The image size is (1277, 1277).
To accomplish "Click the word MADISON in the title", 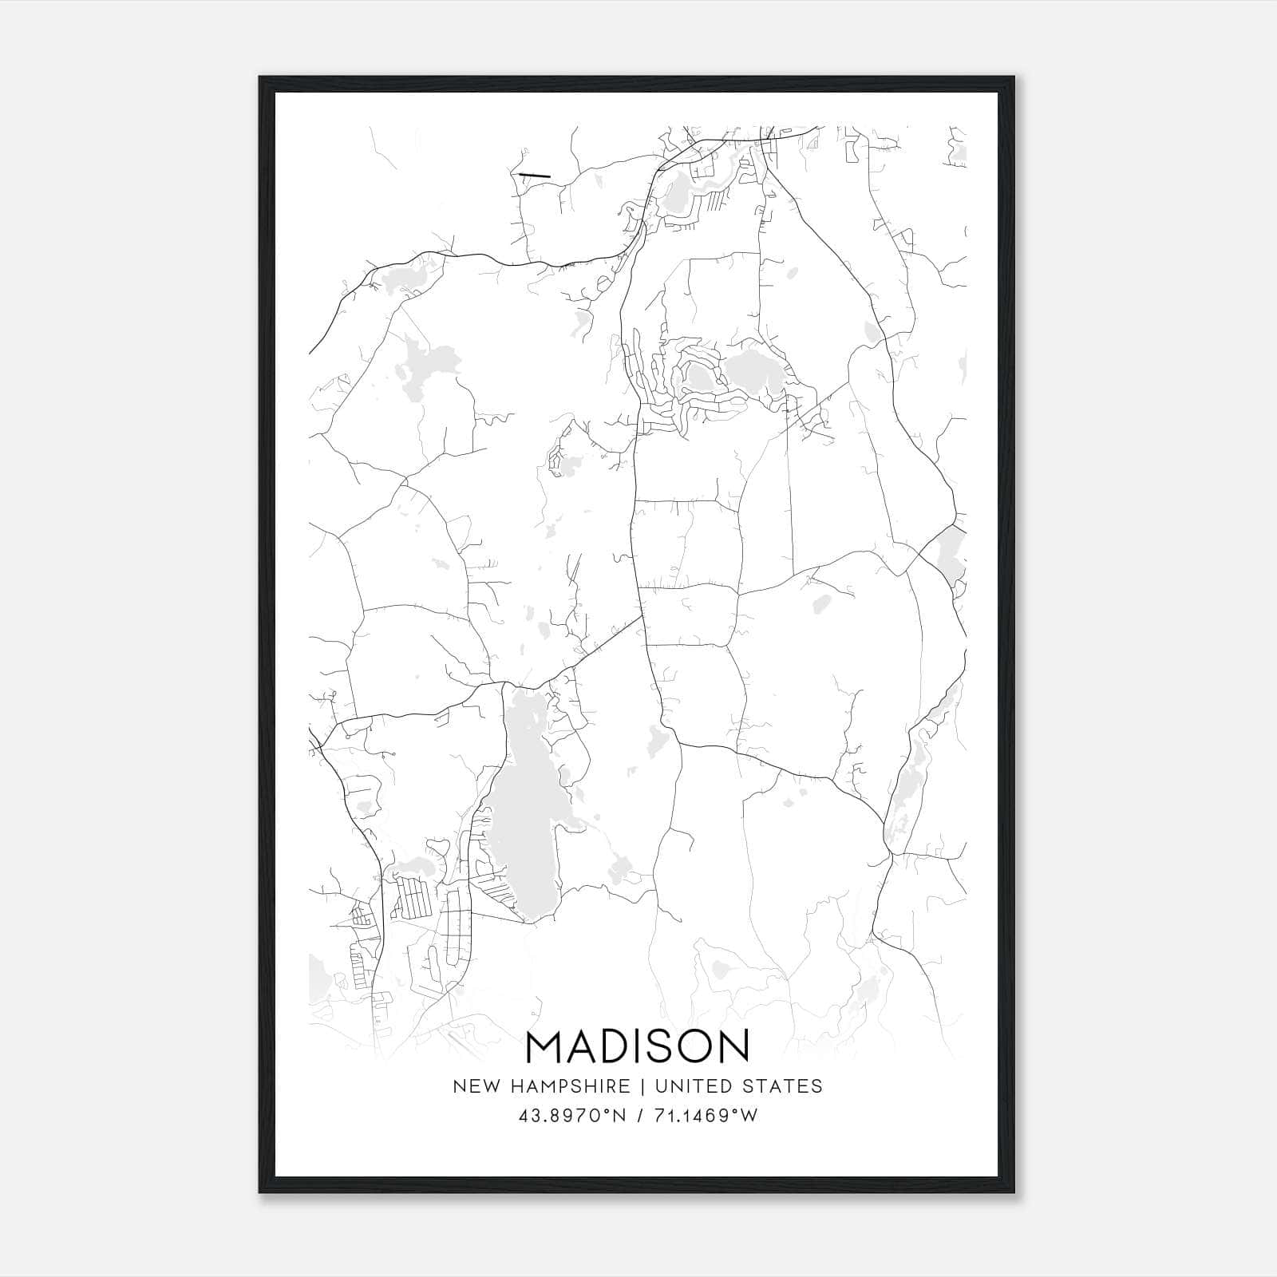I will click(638, 1046).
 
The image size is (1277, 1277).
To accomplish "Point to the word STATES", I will click(783, 1085).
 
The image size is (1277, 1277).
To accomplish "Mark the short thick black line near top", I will click(535, 175).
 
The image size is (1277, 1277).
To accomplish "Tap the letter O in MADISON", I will click(694, 1046).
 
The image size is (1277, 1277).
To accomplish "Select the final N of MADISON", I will click(733, 1046).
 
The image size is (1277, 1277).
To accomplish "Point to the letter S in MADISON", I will click(661, 1046).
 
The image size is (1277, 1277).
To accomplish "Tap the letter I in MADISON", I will click(639, 1046).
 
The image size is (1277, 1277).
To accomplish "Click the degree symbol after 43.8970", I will click(611, 1110).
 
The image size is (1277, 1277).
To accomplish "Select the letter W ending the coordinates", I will click(749, 1115).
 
